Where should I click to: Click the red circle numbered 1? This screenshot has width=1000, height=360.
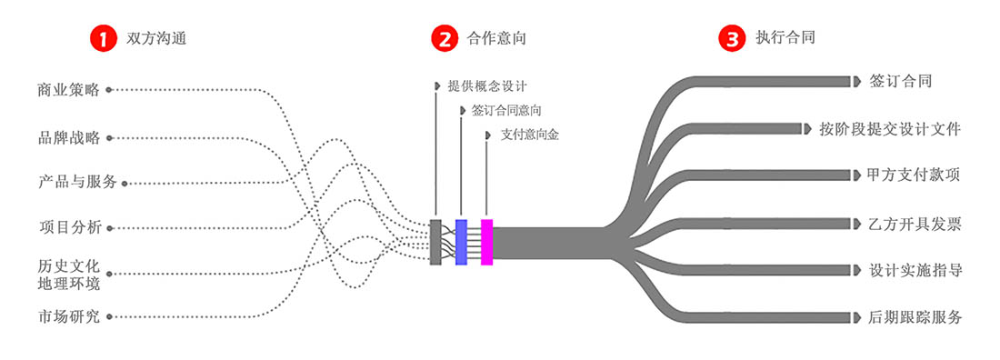[x=103, y=38]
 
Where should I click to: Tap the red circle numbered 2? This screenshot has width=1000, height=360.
[x=444, y=38]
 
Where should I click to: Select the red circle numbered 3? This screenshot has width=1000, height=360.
[x=732, y=38]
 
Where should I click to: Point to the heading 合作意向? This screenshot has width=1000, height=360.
[x=496, y=38]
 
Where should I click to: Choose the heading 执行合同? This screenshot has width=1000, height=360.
[x=785, y=38]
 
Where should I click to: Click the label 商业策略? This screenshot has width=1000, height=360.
[x=68, y=90]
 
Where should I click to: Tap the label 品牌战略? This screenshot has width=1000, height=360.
[x=68, y=138]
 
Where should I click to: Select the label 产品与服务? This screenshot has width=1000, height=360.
[x=78, y=182]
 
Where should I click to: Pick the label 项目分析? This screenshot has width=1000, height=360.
[x=69, y=226]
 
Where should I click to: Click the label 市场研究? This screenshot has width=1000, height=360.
[x=68, y=317]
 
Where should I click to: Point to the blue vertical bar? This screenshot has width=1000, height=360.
[x=461, y=242]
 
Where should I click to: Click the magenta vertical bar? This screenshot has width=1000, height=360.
[x=486, y=242]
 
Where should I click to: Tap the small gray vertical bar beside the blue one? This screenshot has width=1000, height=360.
[x=435, y=242]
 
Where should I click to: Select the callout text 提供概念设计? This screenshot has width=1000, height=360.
[x=487, y=86]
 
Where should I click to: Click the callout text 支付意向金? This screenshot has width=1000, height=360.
[x=530, y=135]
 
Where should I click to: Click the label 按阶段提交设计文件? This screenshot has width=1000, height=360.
[x=889, y=129]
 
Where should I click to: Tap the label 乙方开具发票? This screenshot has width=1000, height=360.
[x=915, y=224]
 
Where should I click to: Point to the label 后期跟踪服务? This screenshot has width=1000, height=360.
[x=915, y=317]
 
